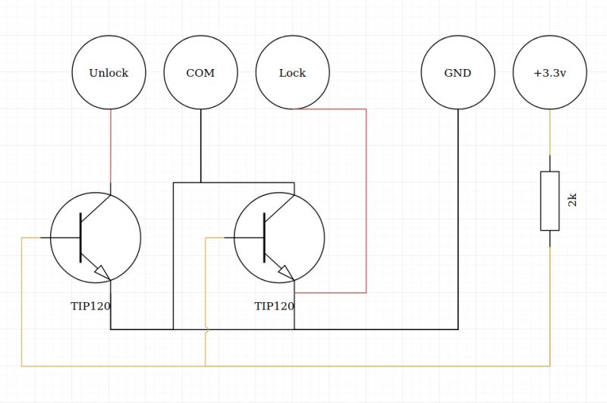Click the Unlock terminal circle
(109, 73)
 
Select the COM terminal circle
(200, 73)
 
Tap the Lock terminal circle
(292, 73)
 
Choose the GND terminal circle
(458, 73)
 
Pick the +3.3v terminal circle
(550, 73)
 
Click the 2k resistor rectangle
(550, 200)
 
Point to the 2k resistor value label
(573, 200)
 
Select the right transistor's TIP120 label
(274, 306)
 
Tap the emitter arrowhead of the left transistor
(102, 271)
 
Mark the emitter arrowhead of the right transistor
(285, 271)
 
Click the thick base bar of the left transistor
(80, 238)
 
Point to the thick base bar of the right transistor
(264, 238)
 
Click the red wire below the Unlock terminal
(111, 148)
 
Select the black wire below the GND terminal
(458, 220)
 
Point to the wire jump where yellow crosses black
(206, 329)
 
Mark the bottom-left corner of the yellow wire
(22, 366)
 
